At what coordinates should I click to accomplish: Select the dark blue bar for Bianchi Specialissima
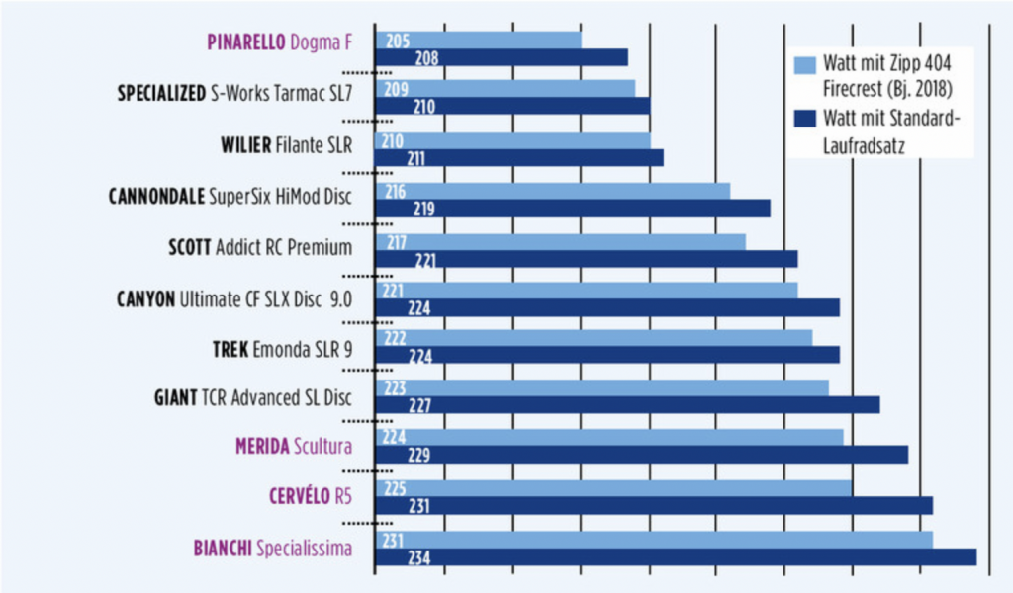tap(692, 557)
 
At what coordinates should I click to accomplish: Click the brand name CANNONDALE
tap(156, 196)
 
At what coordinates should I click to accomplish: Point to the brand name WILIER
tap(245, 145)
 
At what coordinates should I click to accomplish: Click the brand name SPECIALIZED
tap(161, 94)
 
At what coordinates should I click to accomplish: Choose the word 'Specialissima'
tap(304, 548)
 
